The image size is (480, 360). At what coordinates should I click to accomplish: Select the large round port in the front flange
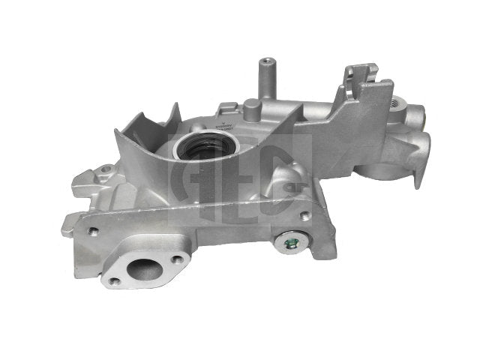[143, 268]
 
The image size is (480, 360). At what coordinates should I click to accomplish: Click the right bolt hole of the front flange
[179, 259]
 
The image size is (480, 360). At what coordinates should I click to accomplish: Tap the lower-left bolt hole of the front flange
[115, 281]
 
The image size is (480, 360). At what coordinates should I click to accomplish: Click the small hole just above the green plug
[306, 217]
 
